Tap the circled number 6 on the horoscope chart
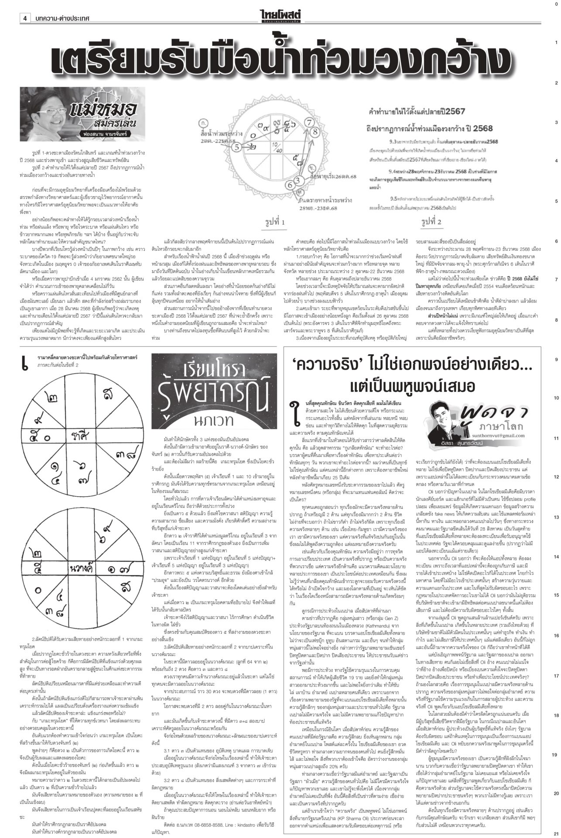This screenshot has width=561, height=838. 291,185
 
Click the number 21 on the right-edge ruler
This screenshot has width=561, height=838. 555,832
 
